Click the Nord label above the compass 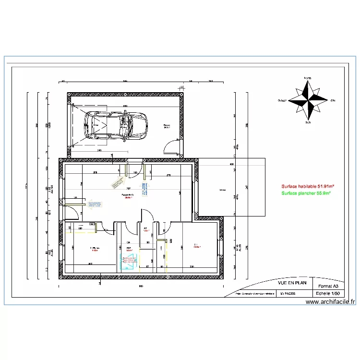pos(307,78)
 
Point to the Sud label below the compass pos(308,123)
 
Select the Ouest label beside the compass pos(282,101)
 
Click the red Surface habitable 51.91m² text pos(308,186)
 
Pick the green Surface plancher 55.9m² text pos(306,193)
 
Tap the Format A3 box pos(325,286)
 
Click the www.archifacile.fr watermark pos(330,302)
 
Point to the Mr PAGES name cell pos(288,293)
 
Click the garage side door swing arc pos(171,146)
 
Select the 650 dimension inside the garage pos(124,106)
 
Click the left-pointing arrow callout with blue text pos(94,204)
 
